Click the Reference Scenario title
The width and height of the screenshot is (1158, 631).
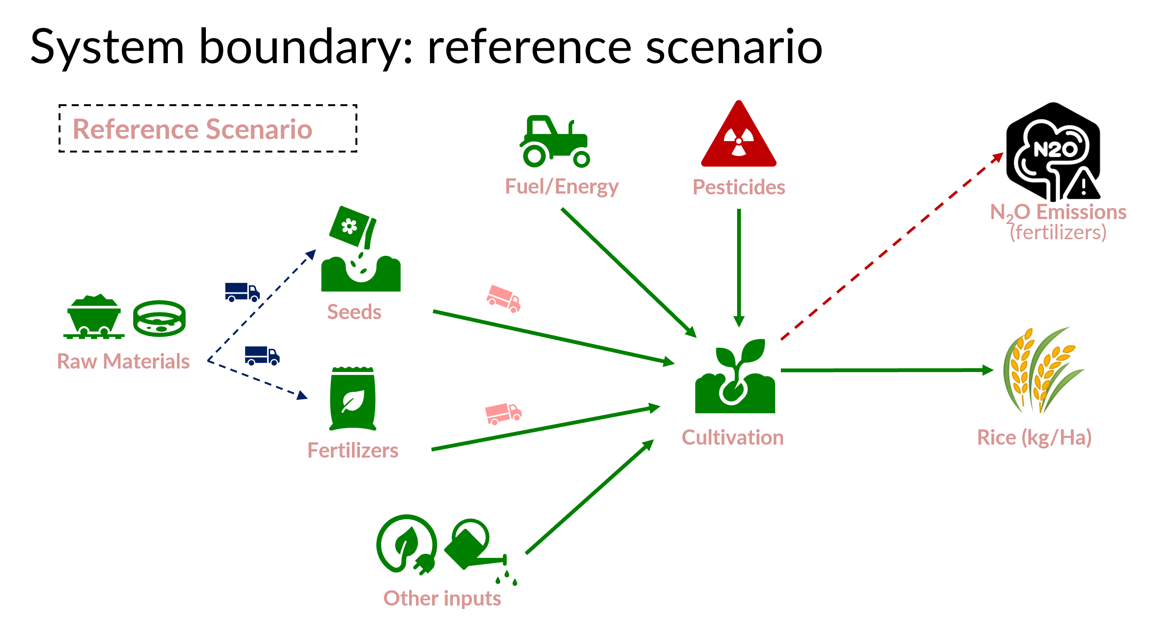tap(193, 129)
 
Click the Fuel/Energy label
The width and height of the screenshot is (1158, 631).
tap(561, 186)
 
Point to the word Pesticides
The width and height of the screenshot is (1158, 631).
tap(739, 187)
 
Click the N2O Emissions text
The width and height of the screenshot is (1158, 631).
tap(1058, 212)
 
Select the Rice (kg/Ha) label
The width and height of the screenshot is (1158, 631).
tap(1034, 437)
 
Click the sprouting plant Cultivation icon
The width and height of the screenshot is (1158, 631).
tap(735, 378)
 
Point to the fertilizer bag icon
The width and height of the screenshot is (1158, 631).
tap(353, 399)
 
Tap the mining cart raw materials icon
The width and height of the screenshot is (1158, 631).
tap(94, 317)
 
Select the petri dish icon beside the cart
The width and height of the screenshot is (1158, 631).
tap(159, 318)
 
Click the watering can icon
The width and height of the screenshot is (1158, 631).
tap(474, 546)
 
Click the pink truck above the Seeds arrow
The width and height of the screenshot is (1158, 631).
tap(503, 298)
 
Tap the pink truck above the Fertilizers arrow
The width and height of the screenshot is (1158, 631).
tap(503, 413)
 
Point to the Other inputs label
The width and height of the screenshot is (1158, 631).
tap(442, 598)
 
